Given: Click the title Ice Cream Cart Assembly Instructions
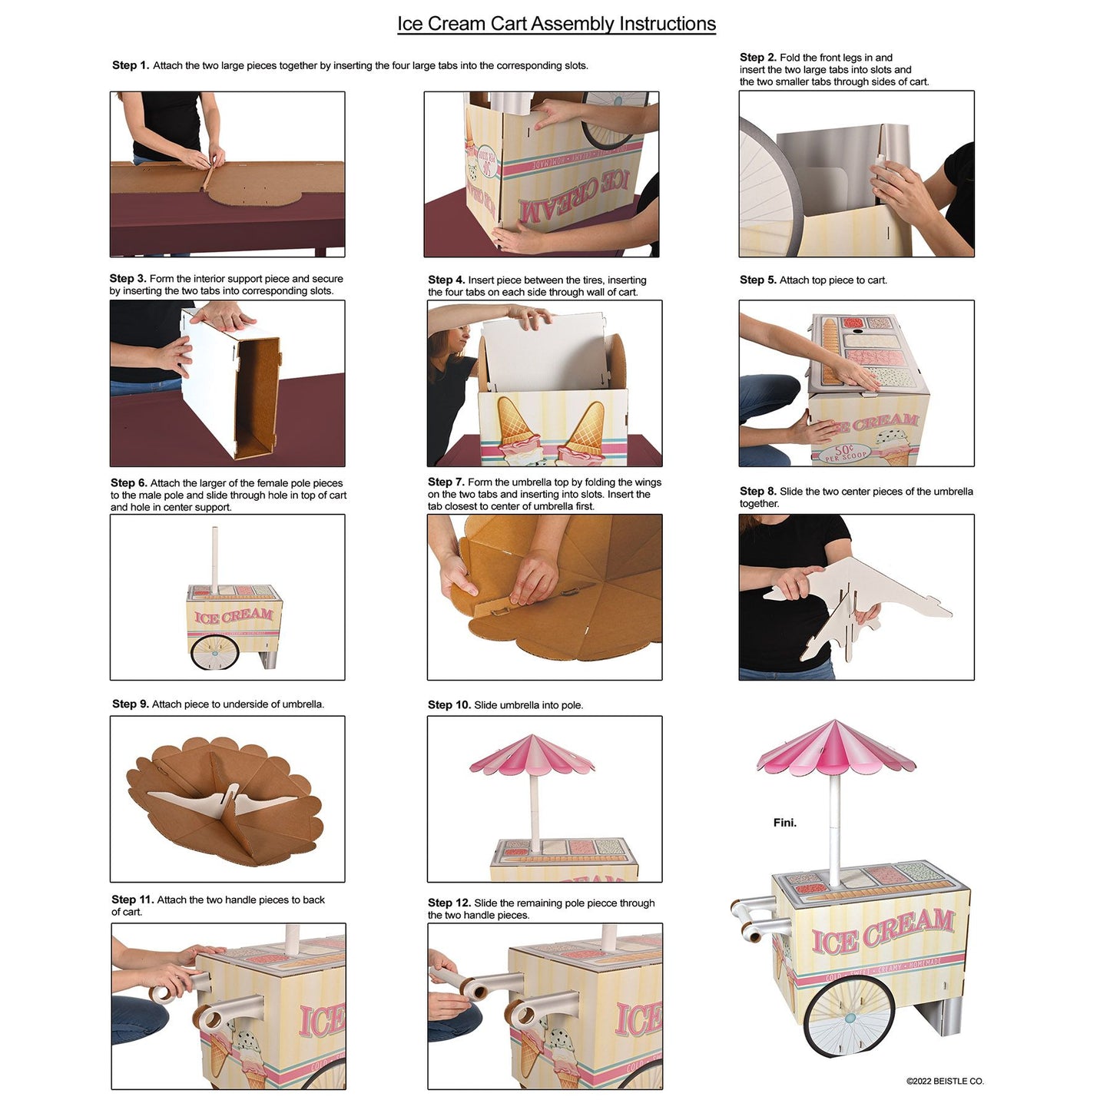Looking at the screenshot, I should tap(556, 24).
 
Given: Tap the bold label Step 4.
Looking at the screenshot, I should tap(446, 280).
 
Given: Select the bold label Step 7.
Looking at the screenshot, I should tap(446, 482).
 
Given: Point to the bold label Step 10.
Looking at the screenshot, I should tap(449, 705).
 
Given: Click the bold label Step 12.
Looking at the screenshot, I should tap(449, 903).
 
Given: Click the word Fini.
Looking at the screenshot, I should tap(784, 823).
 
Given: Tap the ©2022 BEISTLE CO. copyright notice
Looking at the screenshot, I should tap(944, 1082).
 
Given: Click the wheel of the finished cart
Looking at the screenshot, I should tap(848, 1017).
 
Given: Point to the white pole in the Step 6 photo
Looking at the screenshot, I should tap(216, 559).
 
